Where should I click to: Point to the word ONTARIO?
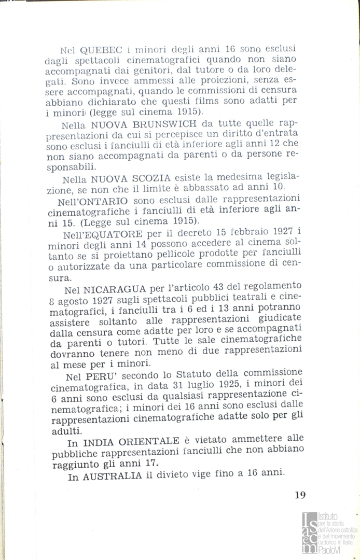pos(109,200)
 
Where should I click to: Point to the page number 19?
pos(300,495)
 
